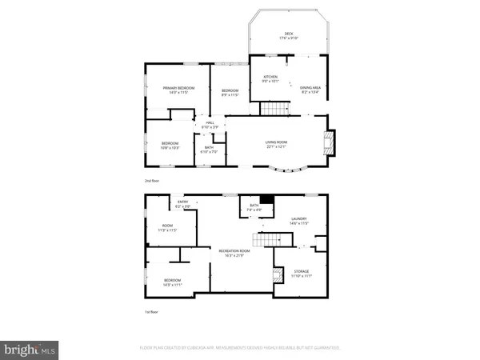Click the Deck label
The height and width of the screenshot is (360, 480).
point(288,34)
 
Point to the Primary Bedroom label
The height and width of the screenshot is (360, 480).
point(178,88)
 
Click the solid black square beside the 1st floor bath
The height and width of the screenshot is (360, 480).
point(267,201)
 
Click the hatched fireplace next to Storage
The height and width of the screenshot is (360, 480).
point(278,276)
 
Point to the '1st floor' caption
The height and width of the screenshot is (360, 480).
point(152,311)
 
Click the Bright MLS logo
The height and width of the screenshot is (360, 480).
point(30,349)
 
